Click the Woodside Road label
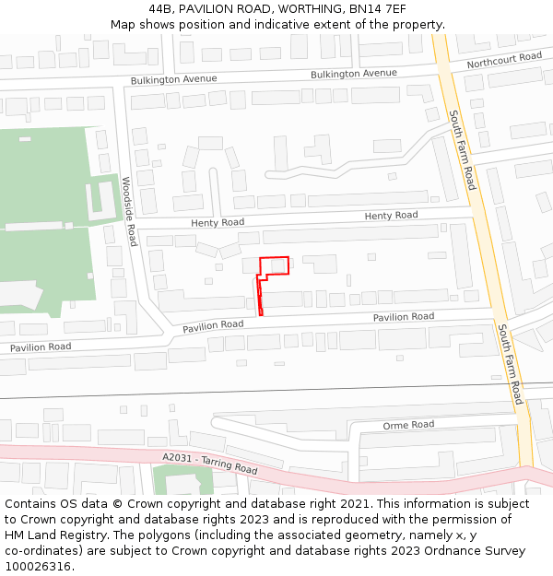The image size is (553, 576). (130, 211)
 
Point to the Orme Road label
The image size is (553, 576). (408, 425)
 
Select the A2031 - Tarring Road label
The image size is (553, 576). (209, 462)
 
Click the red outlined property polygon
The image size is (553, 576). (274, 265)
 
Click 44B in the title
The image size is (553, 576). (159, 9)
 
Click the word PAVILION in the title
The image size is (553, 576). (208, 9)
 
